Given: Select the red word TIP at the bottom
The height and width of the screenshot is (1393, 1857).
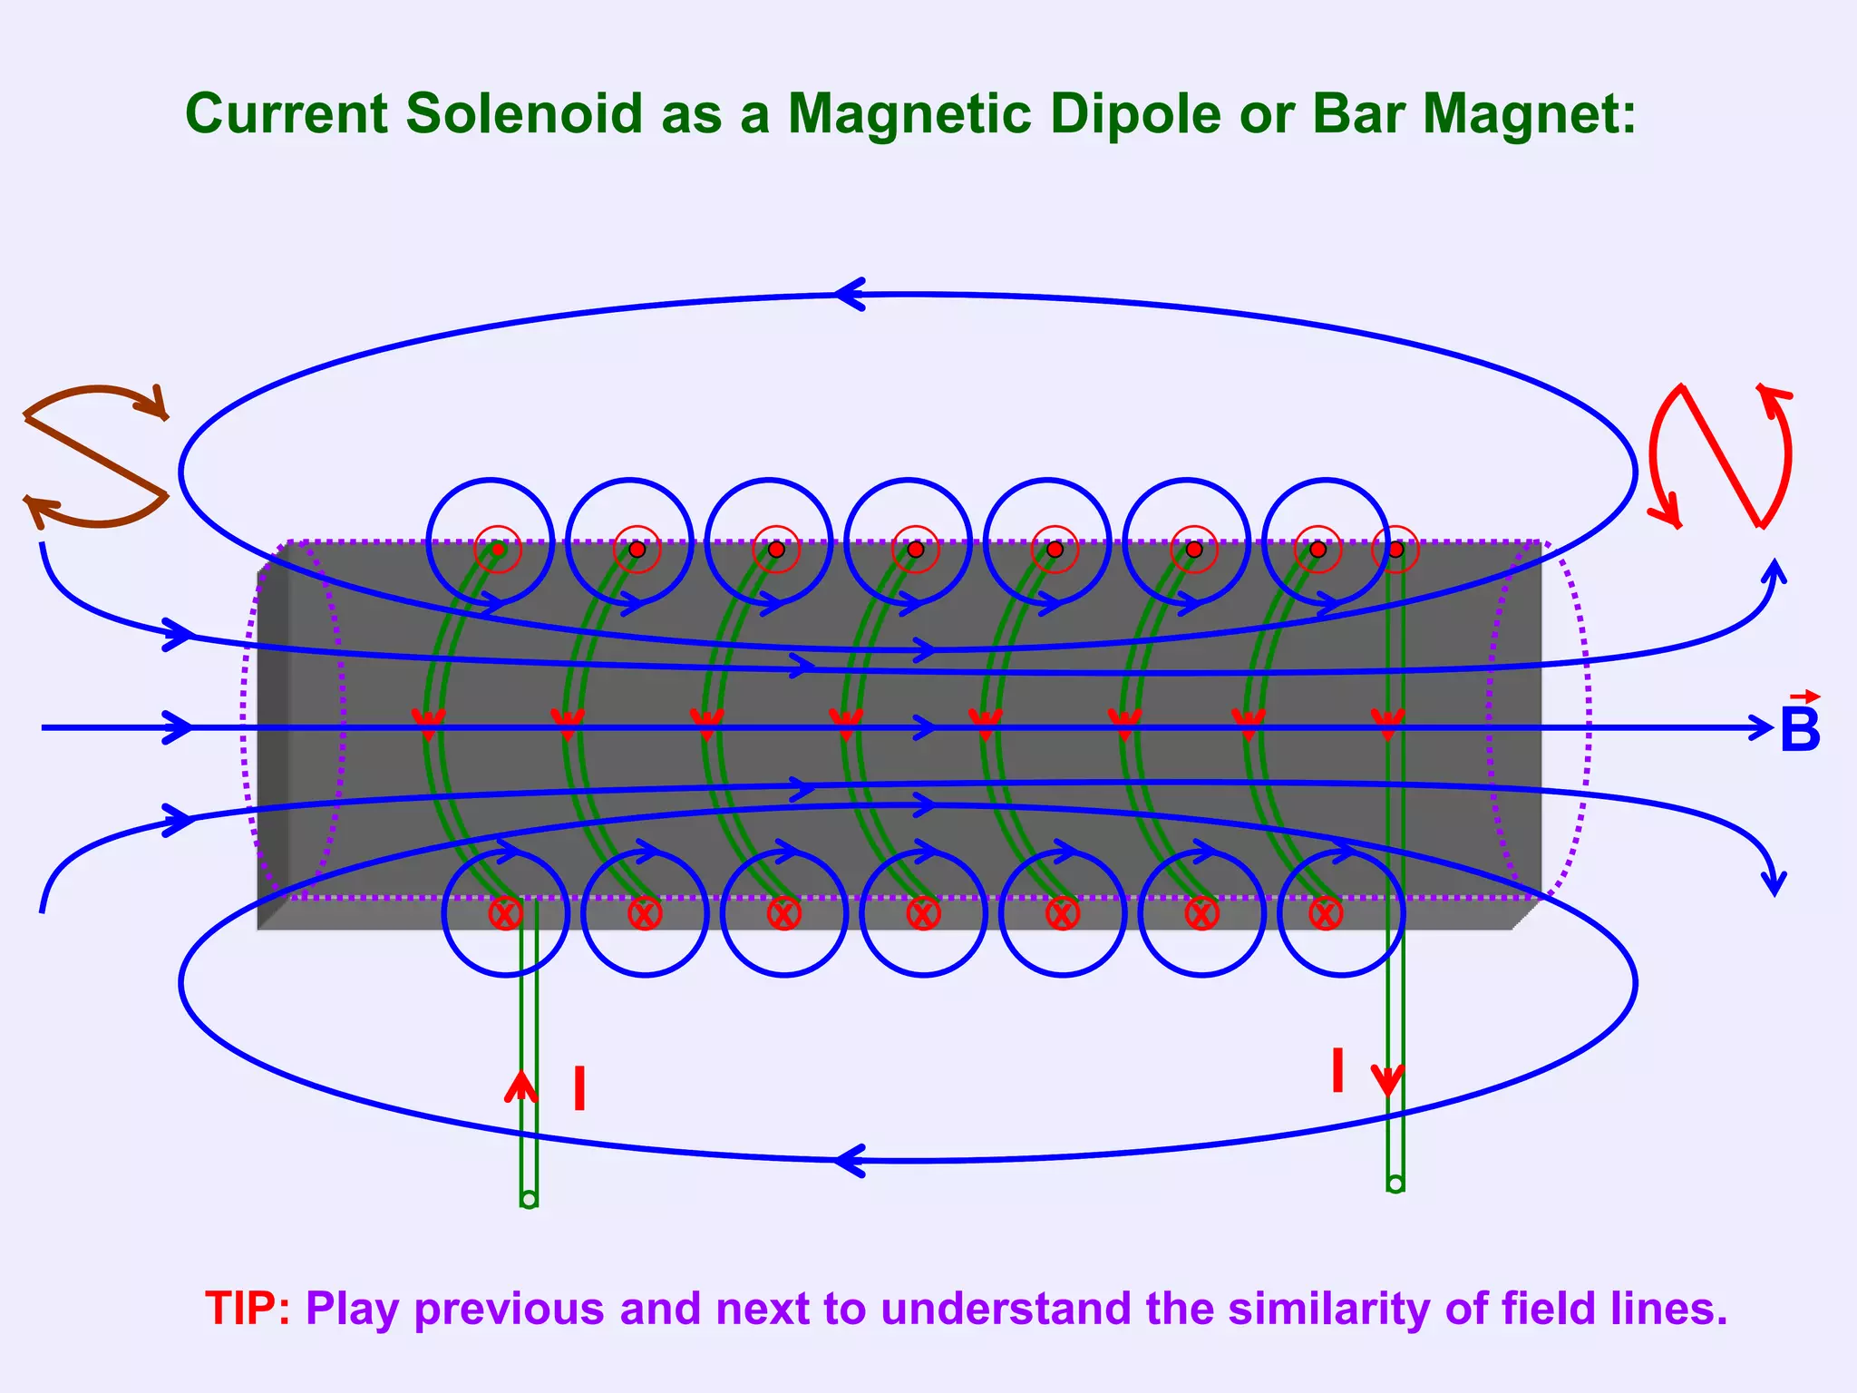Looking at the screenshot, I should click(241, 1309).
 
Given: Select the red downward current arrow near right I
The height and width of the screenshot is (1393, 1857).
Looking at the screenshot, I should click(1387, 1079).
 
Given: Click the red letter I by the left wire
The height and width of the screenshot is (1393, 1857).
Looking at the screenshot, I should click(579, 1089).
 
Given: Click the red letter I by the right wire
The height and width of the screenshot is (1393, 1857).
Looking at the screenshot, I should click(1337, 1071).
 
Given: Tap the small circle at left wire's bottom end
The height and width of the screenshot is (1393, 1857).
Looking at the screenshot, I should click(530, 1200).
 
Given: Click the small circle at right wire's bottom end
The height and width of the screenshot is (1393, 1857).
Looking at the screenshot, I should click(1395, 1184).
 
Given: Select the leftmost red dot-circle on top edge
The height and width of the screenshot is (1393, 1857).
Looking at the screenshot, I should click(498, 549).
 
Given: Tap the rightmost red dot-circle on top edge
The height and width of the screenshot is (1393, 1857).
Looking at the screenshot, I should click(1395, 549).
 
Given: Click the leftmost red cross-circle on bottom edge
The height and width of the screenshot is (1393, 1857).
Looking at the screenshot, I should click(505, 913).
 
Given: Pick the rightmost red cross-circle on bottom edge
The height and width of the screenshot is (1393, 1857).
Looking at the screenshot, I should click(1326, 913).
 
